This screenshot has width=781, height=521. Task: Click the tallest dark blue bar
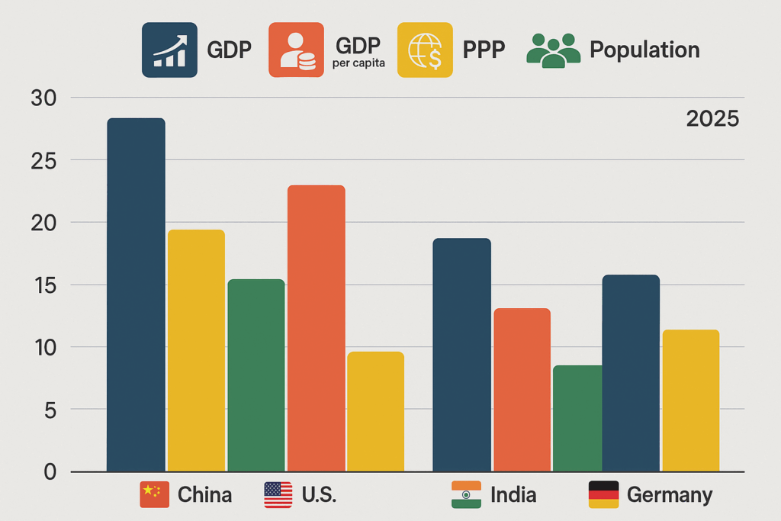136,294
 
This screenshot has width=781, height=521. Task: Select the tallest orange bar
316,328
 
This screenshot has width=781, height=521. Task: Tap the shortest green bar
577,418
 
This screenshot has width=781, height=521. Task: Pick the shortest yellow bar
375,411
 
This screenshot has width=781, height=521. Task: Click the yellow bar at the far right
690,400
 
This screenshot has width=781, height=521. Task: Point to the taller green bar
256,375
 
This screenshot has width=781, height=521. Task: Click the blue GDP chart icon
169,50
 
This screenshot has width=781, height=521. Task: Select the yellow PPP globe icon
425,50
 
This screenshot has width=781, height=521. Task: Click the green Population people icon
553,50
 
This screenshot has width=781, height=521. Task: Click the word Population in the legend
644,50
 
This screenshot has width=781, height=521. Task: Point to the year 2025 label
712,119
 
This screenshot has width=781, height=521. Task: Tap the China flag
154,494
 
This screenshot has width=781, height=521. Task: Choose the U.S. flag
278,494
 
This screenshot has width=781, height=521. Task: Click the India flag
466,494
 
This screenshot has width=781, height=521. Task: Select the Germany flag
603,494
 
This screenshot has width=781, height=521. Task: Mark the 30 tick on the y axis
43,98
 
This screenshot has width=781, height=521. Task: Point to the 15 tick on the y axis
43,285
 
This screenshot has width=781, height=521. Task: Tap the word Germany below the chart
669,495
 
